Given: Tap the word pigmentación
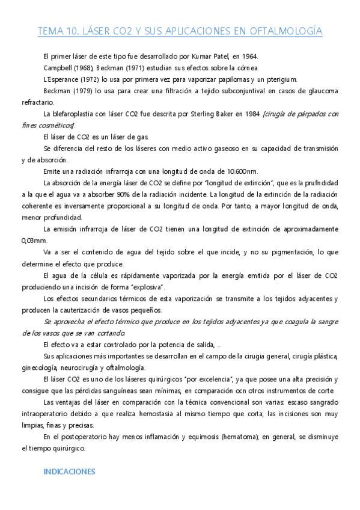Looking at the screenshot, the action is click(x=290, y=252).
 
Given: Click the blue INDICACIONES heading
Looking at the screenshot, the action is click(x=70, y=472).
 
